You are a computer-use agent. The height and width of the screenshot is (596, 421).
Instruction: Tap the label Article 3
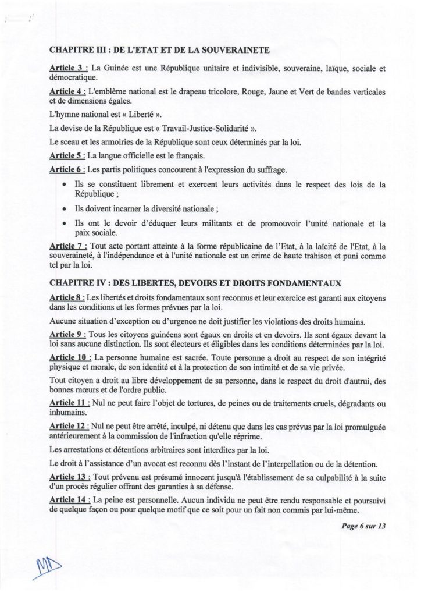67,69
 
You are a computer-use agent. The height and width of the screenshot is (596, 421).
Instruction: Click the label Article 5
67,156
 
